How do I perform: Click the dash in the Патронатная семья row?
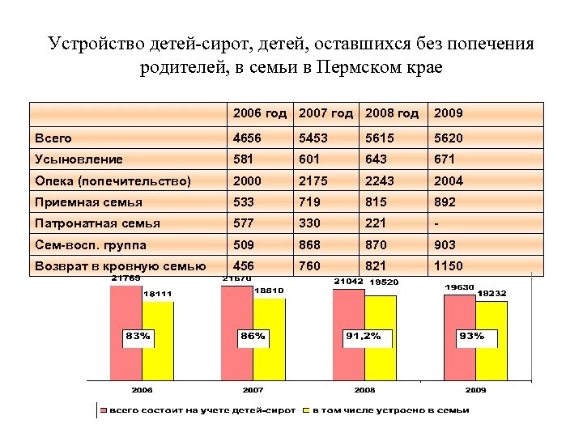click(x=437, y=223)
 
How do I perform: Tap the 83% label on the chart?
click(x=138, y=335)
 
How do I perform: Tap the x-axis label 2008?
click(x=364, y=389)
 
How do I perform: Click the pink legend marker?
click(x=103, y=410)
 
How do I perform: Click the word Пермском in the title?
click(x=355, y=66)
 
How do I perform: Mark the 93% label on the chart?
click(x=471, y=335)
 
